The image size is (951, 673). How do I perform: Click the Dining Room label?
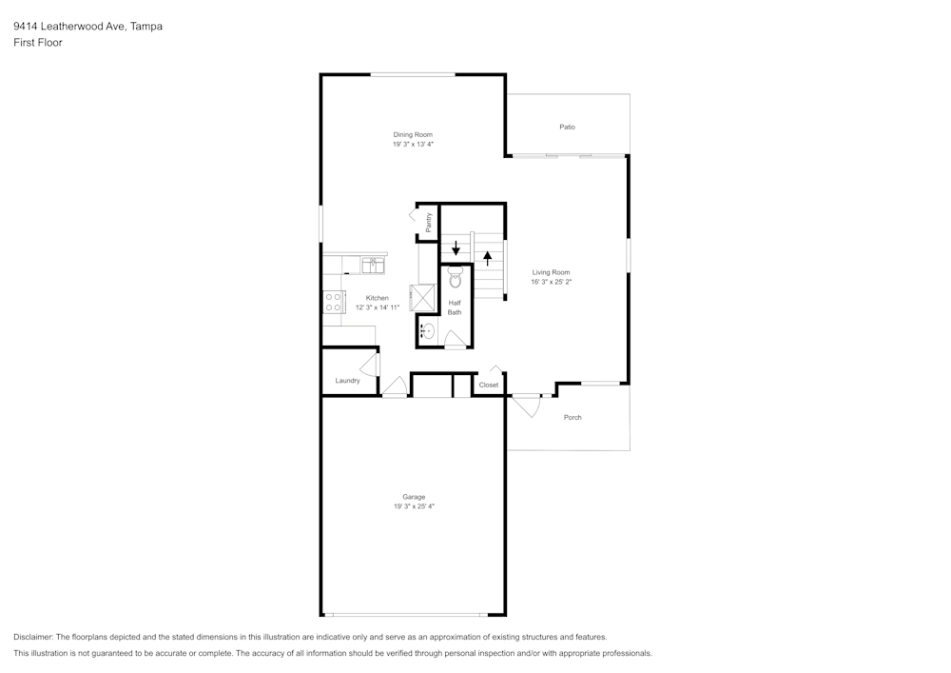413,135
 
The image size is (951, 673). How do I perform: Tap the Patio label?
567,127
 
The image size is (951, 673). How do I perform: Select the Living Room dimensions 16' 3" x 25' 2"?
552,282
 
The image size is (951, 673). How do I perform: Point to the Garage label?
414,497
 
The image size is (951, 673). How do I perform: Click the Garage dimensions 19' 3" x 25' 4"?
414,506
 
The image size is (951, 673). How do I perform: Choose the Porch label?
573,418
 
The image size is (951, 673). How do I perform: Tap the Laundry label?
347,381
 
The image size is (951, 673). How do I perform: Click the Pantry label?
429,222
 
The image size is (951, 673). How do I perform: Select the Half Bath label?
455,307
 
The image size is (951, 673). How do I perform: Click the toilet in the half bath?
455,279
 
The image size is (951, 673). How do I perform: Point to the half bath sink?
428,331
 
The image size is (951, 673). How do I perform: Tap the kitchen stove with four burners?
333,302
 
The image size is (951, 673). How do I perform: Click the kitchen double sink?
373,266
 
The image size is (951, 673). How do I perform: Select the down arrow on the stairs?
456,248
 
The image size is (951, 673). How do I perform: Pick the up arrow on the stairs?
488,258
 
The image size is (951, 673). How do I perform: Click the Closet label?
488,385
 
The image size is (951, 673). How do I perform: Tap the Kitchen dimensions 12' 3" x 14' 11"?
378,307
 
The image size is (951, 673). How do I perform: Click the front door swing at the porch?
527,406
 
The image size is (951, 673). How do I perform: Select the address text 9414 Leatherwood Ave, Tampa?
87,26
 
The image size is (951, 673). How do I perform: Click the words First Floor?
38,43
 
